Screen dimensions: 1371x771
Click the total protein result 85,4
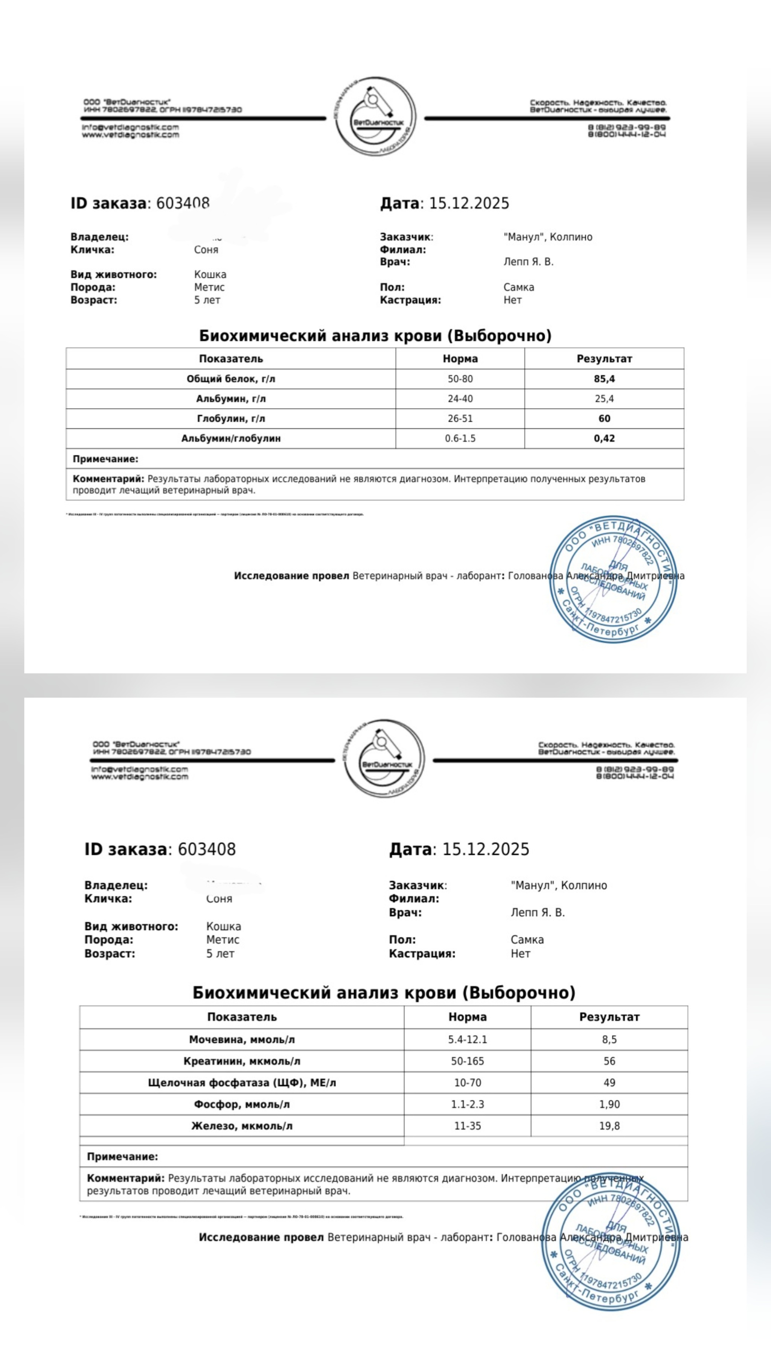[604, 379]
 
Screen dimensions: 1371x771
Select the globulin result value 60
[604, 419]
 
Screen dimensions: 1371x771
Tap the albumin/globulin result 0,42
[604, 439]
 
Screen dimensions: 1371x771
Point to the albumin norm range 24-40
[460, 399]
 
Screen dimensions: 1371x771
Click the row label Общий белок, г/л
[230, 379]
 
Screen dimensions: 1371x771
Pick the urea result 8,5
[609, 1039]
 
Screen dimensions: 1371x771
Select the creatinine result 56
[609, 1061]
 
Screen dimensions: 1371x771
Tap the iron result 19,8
[609, 1125]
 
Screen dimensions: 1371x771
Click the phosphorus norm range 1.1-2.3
[467, 1104]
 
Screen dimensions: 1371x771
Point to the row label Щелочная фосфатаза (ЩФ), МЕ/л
[242, 1083]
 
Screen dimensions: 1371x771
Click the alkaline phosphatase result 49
[609, 1083]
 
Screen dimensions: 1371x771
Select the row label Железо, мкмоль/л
[242, 1125]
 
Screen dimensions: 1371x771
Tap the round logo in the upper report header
[375, 116]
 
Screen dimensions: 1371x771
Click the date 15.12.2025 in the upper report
[469, 203]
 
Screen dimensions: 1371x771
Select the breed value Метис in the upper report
[209, 287]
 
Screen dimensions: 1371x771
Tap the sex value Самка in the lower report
[527, 940]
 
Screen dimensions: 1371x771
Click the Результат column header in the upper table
[604, 359]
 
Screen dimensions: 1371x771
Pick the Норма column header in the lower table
[467, 1017]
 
